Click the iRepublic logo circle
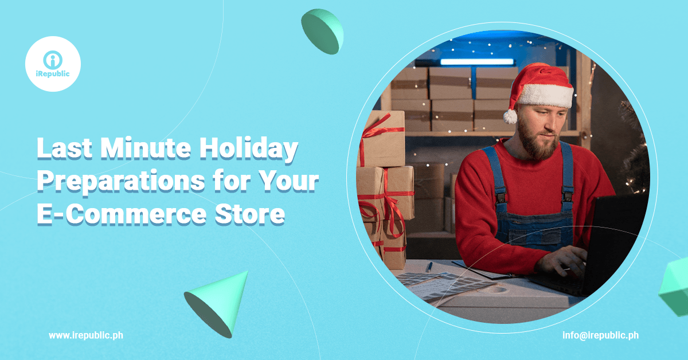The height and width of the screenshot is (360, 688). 53,64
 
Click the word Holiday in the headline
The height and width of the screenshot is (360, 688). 248,149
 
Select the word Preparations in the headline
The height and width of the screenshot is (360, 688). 121,182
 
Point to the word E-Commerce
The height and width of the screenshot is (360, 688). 122,214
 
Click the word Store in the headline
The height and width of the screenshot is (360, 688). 250,214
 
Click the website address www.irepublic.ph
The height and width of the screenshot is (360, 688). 86,335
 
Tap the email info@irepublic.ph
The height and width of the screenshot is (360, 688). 600,335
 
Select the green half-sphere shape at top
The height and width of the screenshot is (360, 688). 322,32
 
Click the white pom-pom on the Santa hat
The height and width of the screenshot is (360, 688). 510,117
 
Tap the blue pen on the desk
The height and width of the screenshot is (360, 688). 429,267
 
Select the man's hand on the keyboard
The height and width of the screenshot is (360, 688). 562,261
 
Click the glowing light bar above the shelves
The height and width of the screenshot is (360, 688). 477,62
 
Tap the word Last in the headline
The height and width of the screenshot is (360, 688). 64,148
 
